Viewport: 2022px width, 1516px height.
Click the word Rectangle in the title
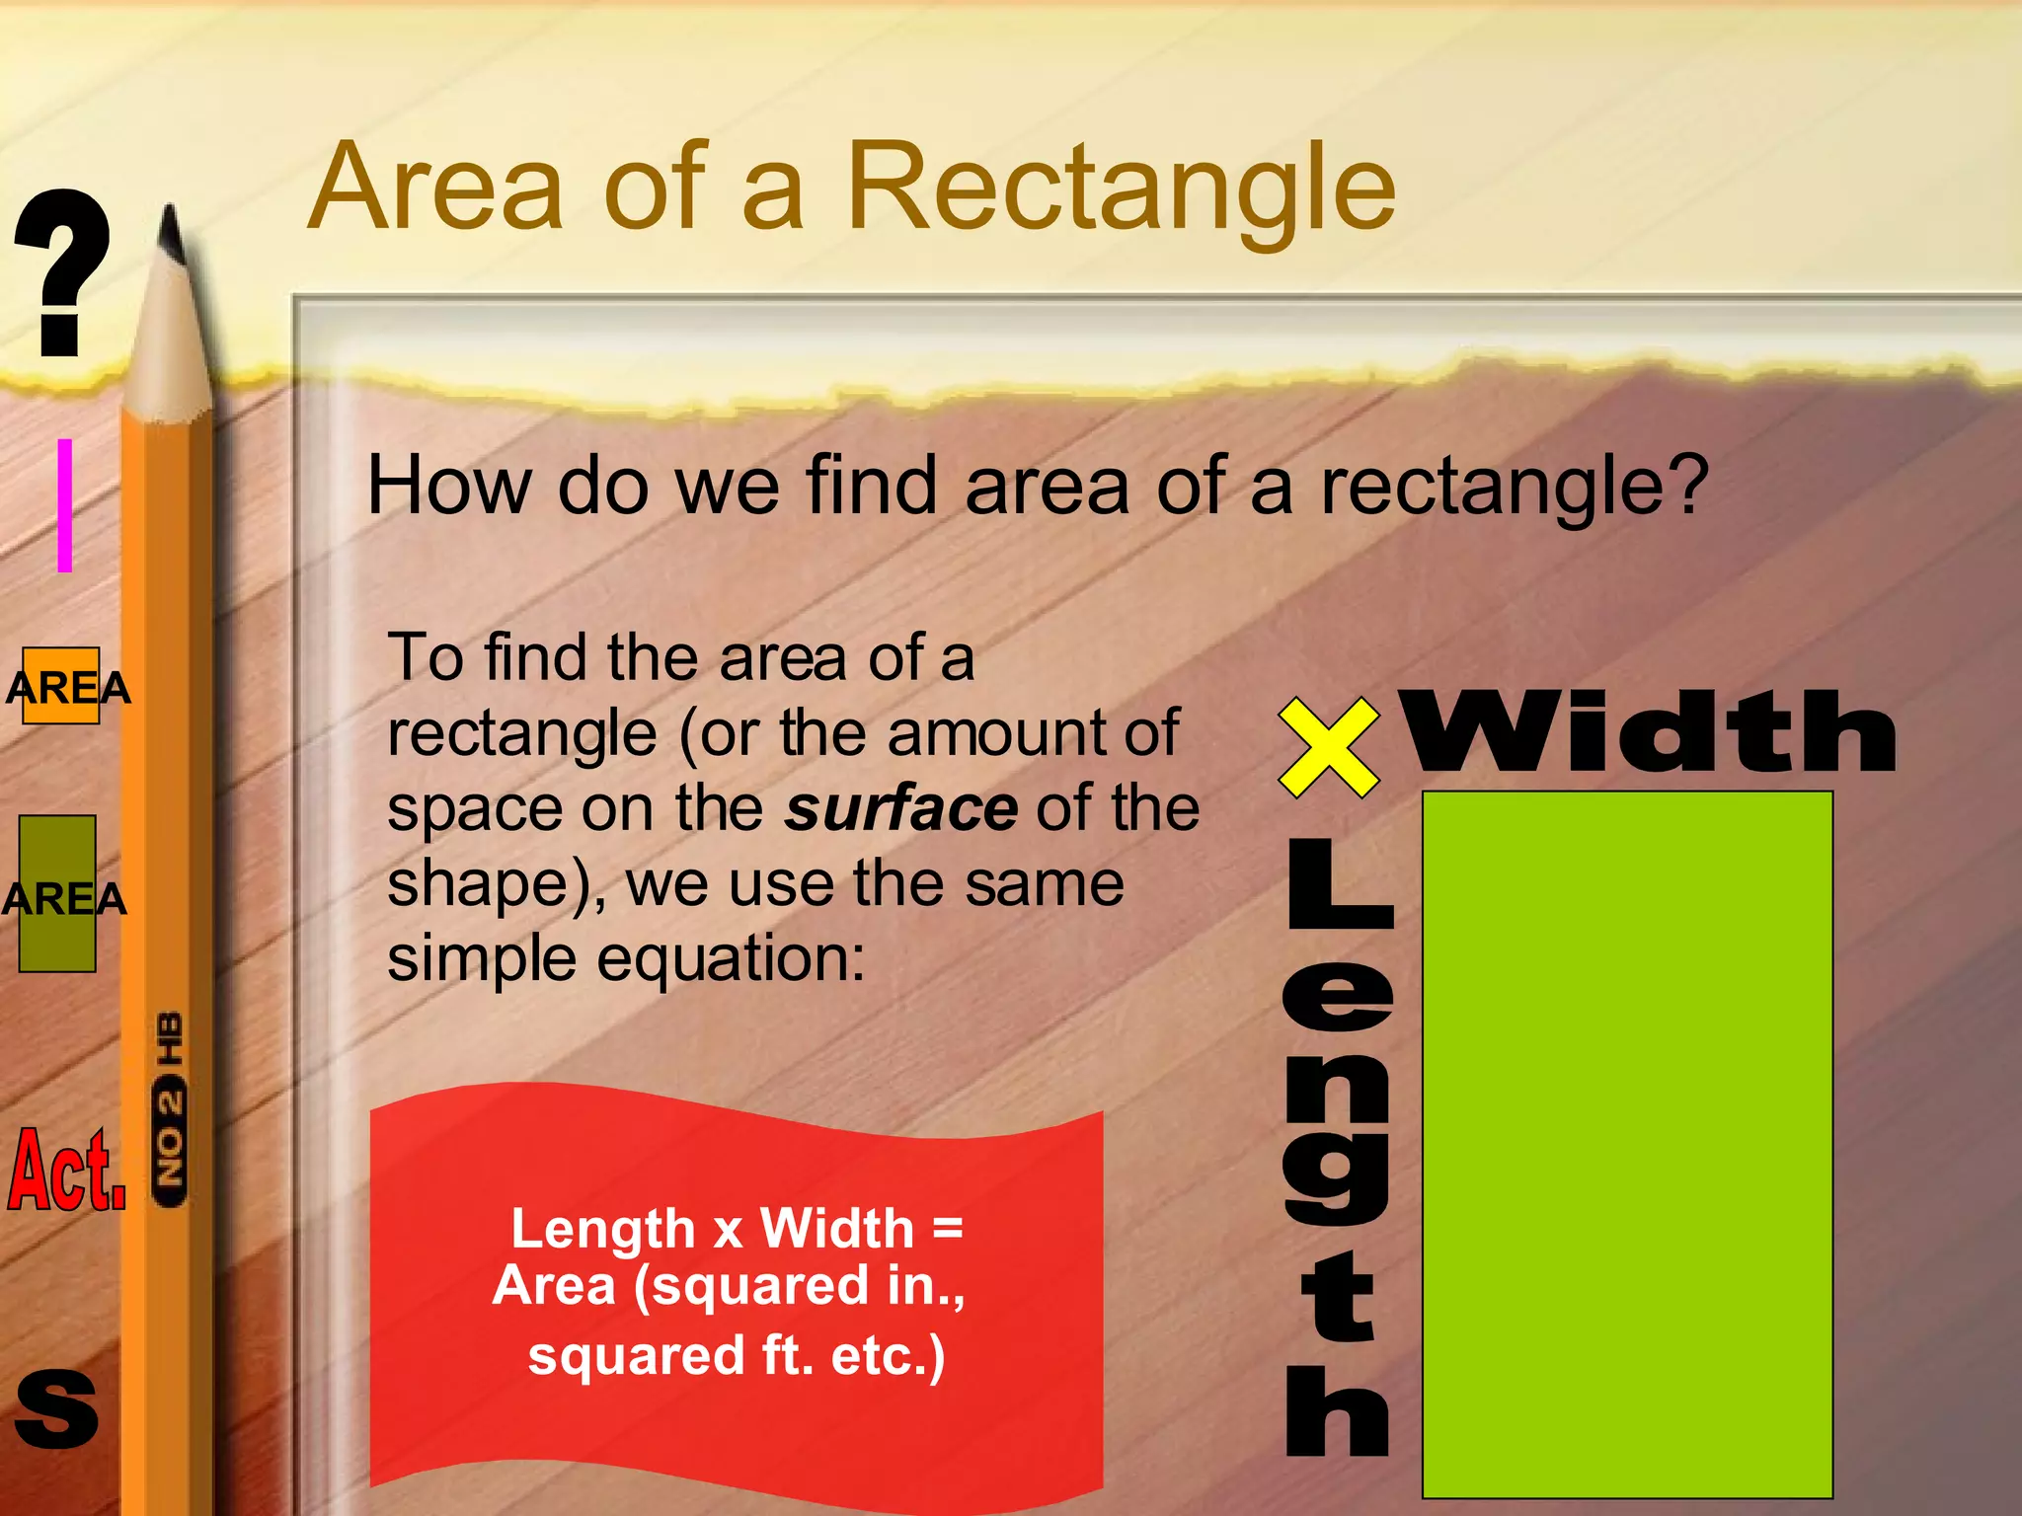[x=1121, y=188]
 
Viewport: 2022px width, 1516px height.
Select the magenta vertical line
[x=65, y=505]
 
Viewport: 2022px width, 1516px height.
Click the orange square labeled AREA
[x=61, y=686]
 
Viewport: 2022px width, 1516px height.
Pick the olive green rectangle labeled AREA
[x=57, y=893]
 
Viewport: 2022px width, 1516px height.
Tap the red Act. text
[x=66, y=1171]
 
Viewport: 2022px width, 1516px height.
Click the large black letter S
[x=56, y=1409]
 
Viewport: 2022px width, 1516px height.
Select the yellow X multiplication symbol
[x=1328, y=747]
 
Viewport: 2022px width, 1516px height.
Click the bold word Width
[x=1649, y=732]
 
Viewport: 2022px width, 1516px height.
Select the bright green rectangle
[x=1627, y=1145]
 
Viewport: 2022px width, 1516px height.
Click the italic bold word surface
[x=900, y=808]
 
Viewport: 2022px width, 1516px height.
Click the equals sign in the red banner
[x=946, y=1229]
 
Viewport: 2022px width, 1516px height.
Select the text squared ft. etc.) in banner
[x=737, y=1355]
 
